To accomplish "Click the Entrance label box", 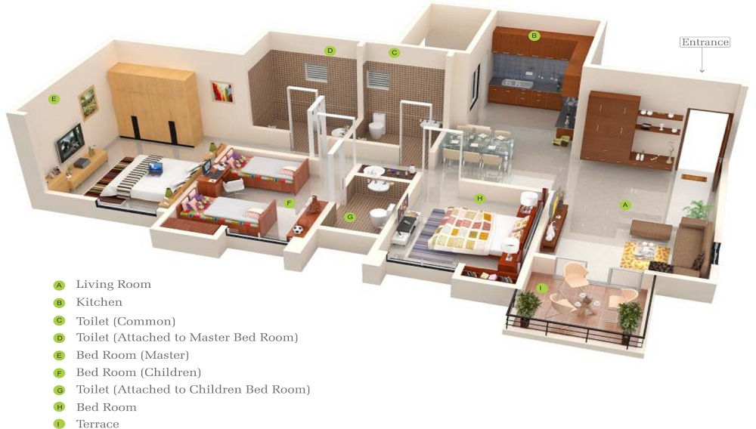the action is (x=705, y=42).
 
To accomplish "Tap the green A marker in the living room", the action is (x=625, y=205).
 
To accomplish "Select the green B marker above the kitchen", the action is (x=534, y=35).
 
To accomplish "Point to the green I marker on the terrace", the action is (x=541, y=289).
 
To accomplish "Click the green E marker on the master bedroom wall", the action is (x=54, y=99).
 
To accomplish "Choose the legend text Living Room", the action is (x=113, y=285).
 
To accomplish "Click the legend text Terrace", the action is (x=98, y=424).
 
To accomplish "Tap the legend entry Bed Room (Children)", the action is (x=138, y=372).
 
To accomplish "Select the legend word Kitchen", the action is (x=99, y=302).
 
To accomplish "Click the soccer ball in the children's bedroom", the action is (x=298, y=230).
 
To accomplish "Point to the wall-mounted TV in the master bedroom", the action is (x=70, y=143).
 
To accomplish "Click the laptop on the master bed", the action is (x=155, y=168).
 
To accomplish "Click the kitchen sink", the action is (x=517, y=83).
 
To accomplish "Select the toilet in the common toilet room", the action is (x=376, y=125).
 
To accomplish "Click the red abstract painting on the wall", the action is (x=222, y=91).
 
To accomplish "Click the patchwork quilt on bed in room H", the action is (x=463, y=230).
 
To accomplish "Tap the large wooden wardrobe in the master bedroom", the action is (x=154, y=103).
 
